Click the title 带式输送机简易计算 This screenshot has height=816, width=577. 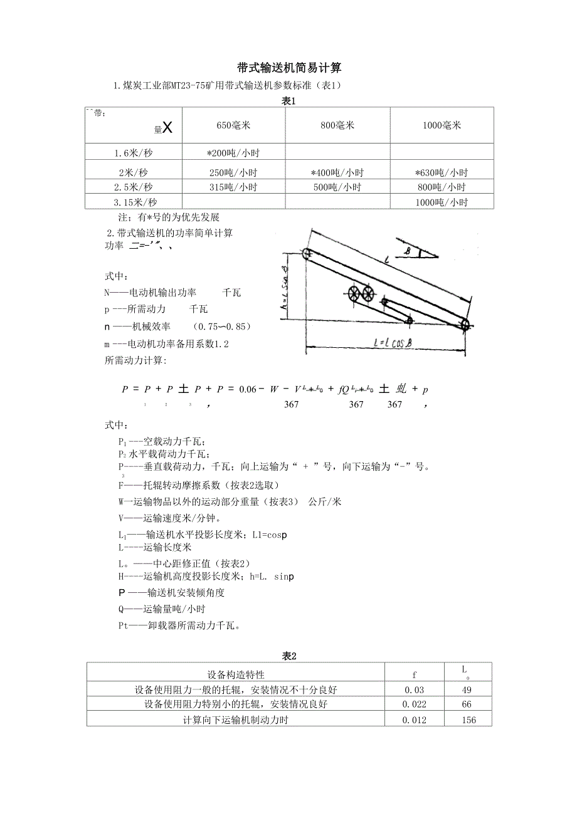(x=289, y=68)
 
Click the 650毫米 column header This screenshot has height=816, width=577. (x=233, y=125)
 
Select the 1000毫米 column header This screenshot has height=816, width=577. (x=442, y=125)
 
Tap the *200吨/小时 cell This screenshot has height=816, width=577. (x=233, y=153)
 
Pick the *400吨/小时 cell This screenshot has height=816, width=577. (x=337, y=172)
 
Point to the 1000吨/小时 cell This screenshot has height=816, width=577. (x=442, y=202)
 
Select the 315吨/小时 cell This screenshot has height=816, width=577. (x=233, y=187)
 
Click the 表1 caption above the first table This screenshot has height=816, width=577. (x=288, y=101)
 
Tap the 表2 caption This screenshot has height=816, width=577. (x=288, y=656)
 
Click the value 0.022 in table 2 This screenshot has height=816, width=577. (x=415, y=704)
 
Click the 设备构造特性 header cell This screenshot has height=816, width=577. (x=236, y=675)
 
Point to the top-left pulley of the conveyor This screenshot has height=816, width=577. (x=307, y=254)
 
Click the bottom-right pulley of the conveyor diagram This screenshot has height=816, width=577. (x=465, y=324)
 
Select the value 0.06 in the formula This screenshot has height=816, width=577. (x=248, y=389)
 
